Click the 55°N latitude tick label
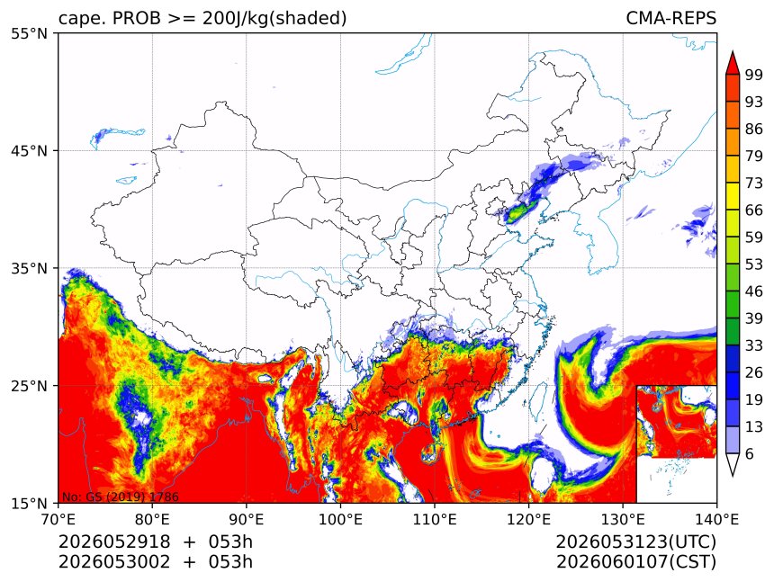29,33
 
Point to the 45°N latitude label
29,150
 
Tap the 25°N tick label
29,385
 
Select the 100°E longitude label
340,519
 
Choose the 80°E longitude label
152,519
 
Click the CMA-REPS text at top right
670,18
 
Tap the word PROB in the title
137,18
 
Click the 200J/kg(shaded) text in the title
274,19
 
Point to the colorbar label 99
754,75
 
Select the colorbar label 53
754,264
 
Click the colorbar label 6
750,453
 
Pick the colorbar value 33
754,345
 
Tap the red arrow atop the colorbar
733,63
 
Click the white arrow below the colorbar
733,464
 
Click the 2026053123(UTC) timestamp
635,542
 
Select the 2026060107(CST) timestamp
635,562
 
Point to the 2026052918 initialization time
114,542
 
